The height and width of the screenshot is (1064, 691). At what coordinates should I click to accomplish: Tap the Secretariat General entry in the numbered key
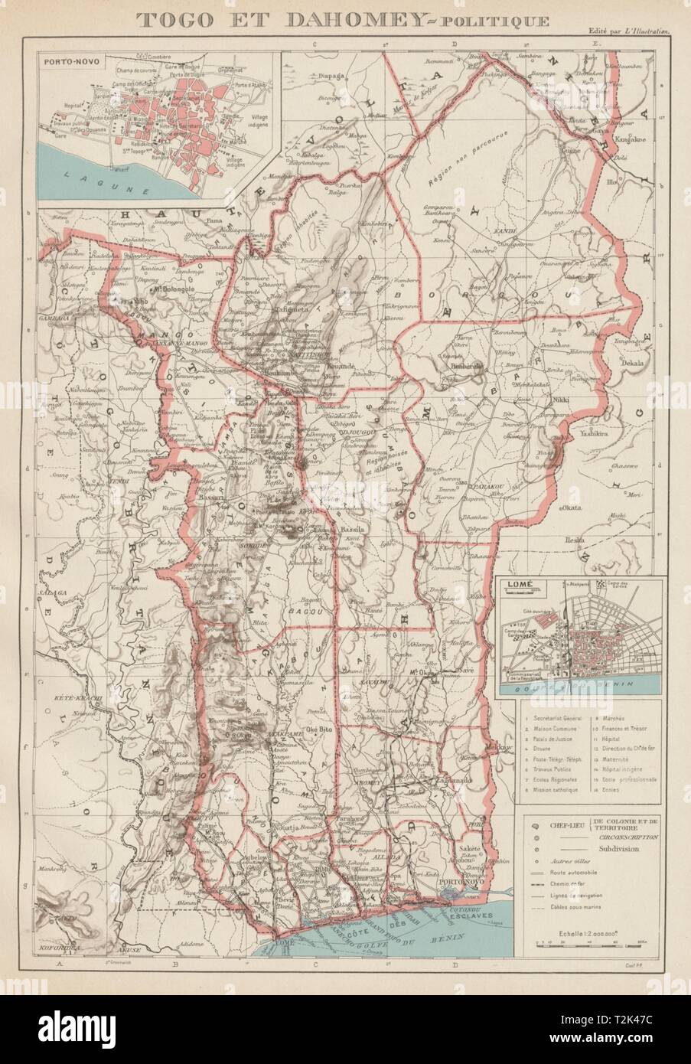coord(552,720)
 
